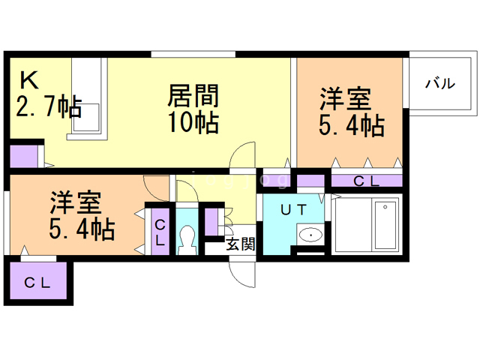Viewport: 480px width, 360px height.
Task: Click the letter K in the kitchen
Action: tap(28, 80)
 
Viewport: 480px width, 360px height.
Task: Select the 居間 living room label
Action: tap(193, 96)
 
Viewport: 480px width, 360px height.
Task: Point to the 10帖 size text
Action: tap(193, 122)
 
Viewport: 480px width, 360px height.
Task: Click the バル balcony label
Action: tap(440, 84)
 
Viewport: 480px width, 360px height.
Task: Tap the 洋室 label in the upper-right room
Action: tap(346, 99)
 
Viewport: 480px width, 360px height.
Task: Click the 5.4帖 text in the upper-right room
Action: tap(351, 125)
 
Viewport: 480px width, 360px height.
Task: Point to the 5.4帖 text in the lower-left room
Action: tap(82, 229)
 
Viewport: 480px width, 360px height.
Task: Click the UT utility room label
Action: tap(293, 211)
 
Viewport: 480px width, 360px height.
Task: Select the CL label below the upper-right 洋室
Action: tap(366, 180)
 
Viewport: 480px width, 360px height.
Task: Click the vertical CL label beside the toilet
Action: tap(160, 231)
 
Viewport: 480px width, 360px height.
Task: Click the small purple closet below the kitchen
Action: tap(22, 157)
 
